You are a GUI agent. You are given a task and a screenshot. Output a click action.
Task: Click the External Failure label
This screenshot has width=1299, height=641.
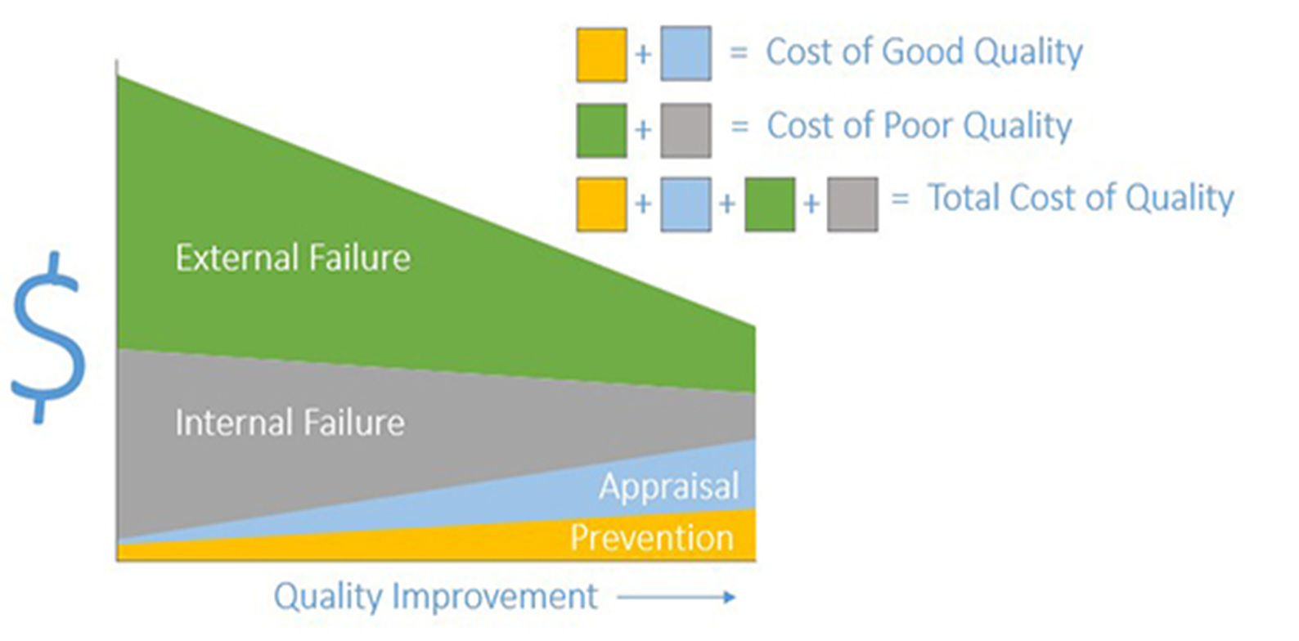pos(293,258)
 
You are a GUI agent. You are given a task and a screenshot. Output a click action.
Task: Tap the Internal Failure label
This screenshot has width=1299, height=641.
pos(290,422)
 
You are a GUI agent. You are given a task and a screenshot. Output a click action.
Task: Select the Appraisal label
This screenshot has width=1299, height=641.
pos(669,486)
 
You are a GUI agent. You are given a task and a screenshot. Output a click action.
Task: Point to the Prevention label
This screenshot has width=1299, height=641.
pos(652,537)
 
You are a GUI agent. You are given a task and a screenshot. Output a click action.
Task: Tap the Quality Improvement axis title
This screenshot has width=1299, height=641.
pos(435,597)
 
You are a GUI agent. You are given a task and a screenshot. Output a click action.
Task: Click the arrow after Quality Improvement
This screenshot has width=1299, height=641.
pos(676,597)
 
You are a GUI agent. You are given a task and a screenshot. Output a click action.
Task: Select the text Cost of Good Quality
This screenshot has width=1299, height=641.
pos(924,53)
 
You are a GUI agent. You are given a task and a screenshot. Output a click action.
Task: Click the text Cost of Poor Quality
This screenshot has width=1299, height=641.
pos(919,127)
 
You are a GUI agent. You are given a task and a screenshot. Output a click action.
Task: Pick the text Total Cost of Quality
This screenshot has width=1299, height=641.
pos(1081,199)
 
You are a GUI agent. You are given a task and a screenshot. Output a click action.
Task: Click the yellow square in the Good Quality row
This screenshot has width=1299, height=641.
pos(601,55)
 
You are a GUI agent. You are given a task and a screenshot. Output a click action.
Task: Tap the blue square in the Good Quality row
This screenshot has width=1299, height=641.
pos(686,53)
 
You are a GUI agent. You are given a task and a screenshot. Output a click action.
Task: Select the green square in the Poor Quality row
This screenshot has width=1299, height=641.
pos(601,130)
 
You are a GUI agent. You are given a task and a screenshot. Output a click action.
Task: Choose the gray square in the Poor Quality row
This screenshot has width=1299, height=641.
pos(686,130)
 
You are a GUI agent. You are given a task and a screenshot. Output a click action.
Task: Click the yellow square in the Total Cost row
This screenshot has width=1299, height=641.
pos(601,204)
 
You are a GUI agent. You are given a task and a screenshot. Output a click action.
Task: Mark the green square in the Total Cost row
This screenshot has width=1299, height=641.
pos(770,204)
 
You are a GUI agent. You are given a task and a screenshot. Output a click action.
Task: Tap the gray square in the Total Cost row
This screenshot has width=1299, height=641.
pos(852,204)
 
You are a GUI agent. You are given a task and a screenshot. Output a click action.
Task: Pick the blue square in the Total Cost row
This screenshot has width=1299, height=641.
pos(686,204)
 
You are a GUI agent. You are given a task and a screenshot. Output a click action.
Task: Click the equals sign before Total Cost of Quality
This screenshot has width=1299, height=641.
pos(900,199)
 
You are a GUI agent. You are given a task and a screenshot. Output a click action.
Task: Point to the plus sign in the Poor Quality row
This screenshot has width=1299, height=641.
pos(643,129)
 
